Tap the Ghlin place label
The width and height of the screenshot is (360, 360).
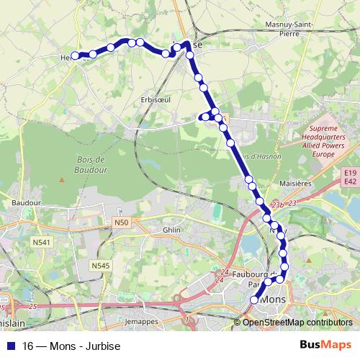[171, 229]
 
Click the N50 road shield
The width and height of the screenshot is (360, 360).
[120, 223]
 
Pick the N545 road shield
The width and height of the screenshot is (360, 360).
[101, 266]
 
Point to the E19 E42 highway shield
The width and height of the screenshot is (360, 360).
[351, 177]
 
